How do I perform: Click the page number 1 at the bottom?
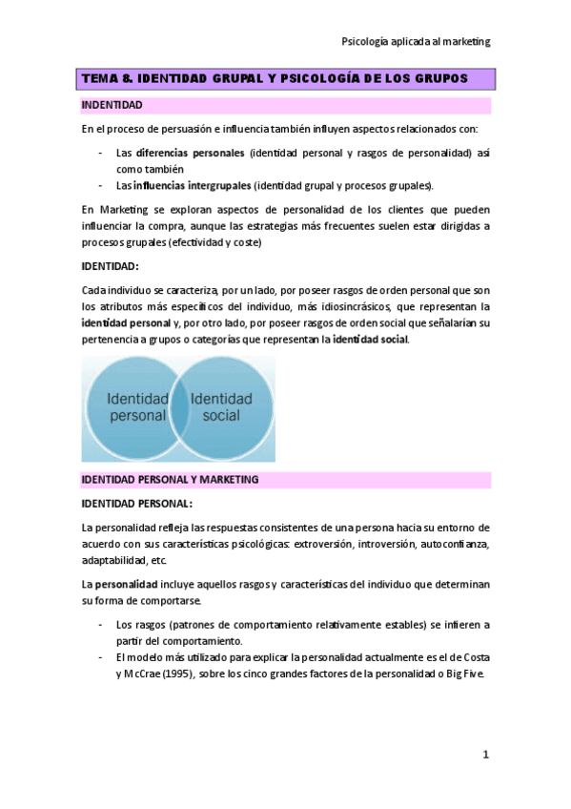(x=484, y=755)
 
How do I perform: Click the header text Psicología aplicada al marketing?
(x=416, y=41)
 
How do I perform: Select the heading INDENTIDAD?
(x=112, y=104)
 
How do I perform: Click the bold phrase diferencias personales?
(x=191, y=153)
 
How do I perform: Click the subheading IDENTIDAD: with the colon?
(x=111, y=265)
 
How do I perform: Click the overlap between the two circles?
(x=179, y=407)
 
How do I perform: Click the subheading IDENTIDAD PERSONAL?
(x=137, y=503)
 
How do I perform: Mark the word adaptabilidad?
(x=115, y=560)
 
